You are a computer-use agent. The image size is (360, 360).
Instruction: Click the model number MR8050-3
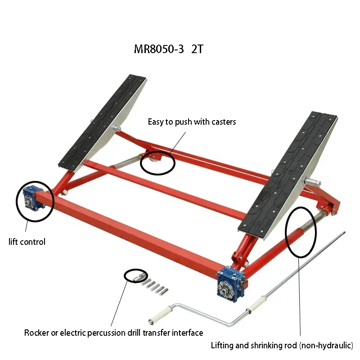(x=159, y=49)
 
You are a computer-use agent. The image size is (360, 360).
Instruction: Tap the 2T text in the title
(x=197, y=49)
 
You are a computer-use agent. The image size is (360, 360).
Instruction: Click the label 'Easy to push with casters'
(x=192, y=121)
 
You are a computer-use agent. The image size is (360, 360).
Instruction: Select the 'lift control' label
(x=27, y=242)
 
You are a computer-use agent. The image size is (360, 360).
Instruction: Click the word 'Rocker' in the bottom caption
(x=36, y=333)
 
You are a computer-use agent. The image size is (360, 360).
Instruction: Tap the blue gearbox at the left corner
(x=33, y=198)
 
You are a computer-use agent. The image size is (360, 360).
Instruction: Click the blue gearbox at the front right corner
(x=231, y=283)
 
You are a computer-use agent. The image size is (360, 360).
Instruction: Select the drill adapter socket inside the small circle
(x=138, y=277)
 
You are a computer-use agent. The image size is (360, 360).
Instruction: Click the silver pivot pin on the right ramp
(x=312, y=183)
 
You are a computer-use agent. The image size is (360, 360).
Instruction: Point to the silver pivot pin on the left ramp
(x=117, y=128)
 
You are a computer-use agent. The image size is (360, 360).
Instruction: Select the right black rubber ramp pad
(x=288, y=172)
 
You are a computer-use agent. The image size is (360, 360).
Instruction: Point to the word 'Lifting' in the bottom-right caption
(x=222, y=345)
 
